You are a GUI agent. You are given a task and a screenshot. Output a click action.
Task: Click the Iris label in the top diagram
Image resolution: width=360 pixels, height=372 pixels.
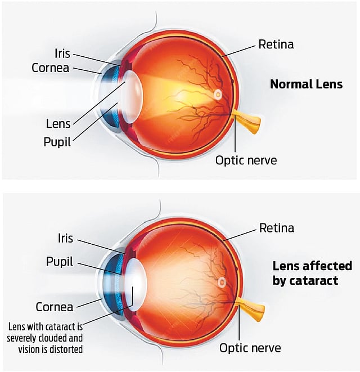tap(62, 53)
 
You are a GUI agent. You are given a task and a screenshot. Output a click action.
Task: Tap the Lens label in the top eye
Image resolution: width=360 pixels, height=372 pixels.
tap(58, 123)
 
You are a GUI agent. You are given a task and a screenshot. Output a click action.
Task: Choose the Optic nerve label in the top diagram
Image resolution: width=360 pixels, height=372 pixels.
tap(246, 160)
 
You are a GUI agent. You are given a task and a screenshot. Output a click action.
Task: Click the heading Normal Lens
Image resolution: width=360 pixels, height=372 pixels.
tap(306, 84)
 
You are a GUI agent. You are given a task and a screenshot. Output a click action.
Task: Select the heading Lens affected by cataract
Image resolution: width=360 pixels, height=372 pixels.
tap(305, 272)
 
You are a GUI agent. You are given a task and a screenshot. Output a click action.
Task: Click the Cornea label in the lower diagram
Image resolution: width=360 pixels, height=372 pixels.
tap(55, 307)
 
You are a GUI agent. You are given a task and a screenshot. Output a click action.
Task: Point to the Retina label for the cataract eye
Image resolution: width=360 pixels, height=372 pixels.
tap(276, 228)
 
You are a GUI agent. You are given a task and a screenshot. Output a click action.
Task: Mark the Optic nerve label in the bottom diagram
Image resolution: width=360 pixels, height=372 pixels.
tap(249, 348)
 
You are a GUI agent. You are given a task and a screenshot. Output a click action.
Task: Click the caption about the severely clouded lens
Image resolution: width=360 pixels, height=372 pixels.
tap(45, 338)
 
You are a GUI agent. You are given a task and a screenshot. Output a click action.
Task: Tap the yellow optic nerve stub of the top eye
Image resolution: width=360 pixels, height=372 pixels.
tap(248, 122)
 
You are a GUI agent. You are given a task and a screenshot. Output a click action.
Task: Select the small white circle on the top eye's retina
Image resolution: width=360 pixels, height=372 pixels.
tap(218, 95)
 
